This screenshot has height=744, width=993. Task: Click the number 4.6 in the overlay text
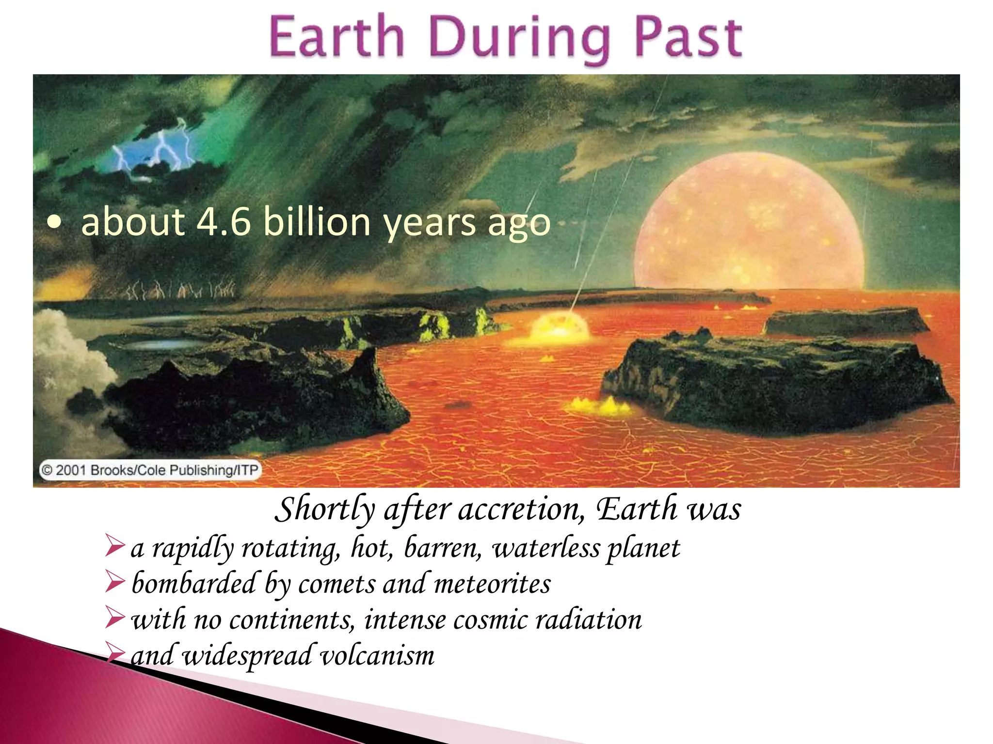point(224,222)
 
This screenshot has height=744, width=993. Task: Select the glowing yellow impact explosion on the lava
point(560,325)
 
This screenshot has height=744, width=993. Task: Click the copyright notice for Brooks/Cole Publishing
point(150,470)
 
